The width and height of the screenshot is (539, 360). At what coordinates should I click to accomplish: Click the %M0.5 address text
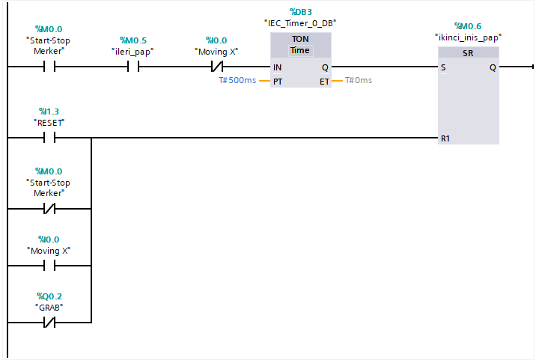[134, 40]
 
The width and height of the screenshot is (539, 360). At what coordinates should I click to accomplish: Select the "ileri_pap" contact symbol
[134, 67]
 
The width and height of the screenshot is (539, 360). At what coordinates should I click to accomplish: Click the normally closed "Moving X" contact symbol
[219, 67]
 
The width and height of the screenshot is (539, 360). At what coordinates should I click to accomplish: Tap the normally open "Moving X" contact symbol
[49, 265]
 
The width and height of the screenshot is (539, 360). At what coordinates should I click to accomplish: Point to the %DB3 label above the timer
[300, 12]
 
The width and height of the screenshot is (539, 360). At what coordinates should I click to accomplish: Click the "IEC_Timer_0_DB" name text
[300, 23]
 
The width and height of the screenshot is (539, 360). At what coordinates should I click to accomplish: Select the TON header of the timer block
[300, 39]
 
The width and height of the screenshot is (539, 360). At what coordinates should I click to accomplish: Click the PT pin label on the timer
[278, 81]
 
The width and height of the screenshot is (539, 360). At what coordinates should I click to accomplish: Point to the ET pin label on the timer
[324, 81]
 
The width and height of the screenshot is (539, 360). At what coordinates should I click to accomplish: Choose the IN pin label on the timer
[278, 67]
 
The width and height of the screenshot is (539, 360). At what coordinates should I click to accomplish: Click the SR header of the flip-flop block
[468, 53]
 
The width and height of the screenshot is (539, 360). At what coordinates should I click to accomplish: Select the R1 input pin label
[446, 138]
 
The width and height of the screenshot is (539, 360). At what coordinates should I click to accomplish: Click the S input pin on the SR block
[444, 67]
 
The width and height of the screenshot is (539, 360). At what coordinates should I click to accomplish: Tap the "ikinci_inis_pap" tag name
[468, 37]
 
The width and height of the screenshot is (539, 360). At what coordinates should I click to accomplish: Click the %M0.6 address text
[468, 25]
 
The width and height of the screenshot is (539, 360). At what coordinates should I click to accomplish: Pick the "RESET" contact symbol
[49, 138]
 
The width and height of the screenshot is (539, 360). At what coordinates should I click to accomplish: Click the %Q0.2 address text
[49, 296]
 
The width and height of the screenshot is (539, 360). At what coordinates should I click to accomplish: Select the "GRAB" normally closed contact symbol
[49, 323]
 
